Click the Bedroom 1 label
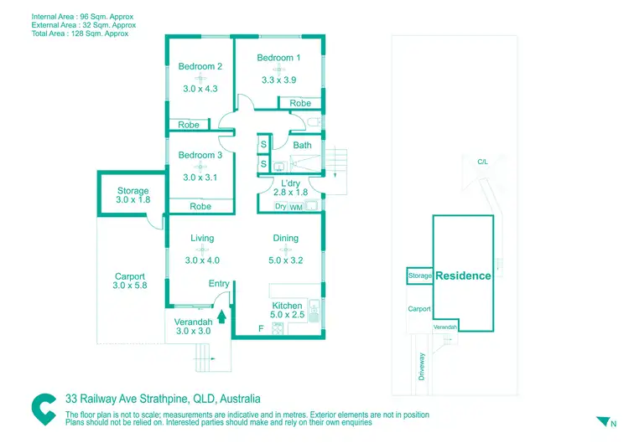pyautogui.click(x=278, y=58)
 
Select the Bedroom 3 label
pyautogui.click(x=200, y=155)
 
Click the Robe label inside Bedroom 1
pyautogui.click(x=300, y=104)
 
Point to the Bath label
pyautogui.click(x=302, y=145)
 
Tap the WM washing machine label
pyautogui.click(x=296, y=206)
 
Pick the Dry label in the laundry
pyautogui.click(x=281, y=206)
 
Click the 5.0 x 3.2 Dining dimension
pyautogui.click(x=286, y=260)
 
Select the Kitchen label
pyautogui.click(x=288, y=306)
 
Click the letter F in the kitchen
pyautogui.click(x=261, y=327)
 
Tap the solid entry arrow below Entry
pyautogui.click(x=221, y=317)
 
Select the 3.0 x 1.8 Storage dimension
pyautogui.click(x=133, y=200)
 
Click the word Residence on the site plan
pyautogui.click(x=463, y=276)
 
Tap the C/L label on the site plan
pyautogui.click(x=482, y=162)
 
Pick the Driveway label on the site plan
pyautogui.click(x=422, y=367)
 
